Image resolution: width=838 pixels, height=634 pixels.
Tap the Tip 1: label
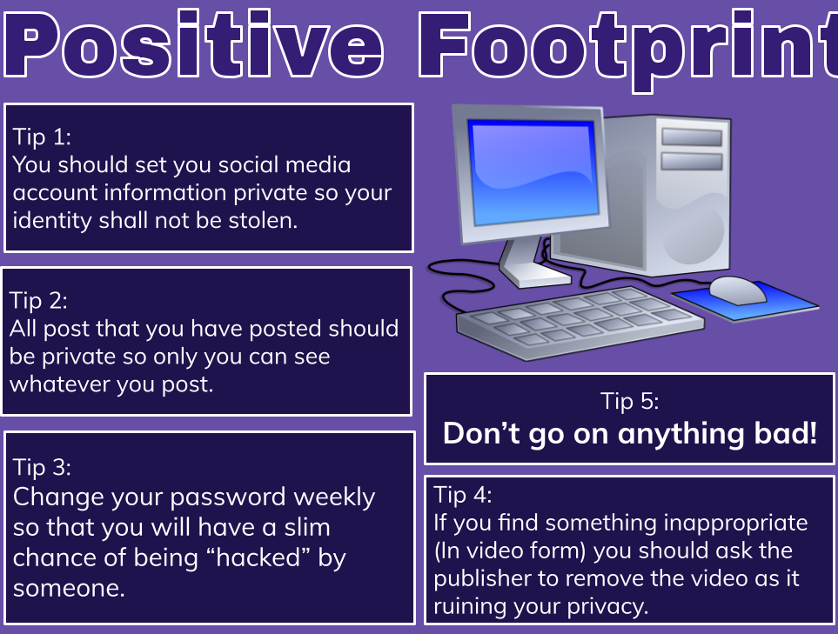[42, 137]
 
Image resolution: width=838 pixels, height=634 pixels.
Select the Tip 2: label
[38, 301]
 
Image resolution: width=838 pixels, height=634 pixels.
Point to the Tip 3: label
[42, 467]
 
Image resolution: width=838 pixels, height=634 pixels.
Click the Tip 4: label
[462, 495]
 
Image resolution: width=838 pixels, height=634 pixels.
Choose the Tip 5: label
[629, 401]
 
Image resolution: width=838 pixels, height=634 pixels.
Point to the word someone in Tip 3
[69, 588]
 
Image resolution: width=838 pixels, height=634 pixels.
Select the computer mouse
[738, 290]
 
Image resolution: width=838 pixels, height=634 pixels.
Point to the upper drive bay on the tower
[692, 137]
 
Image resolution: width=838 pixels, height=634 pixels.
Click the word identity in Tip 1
[52, 221]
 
